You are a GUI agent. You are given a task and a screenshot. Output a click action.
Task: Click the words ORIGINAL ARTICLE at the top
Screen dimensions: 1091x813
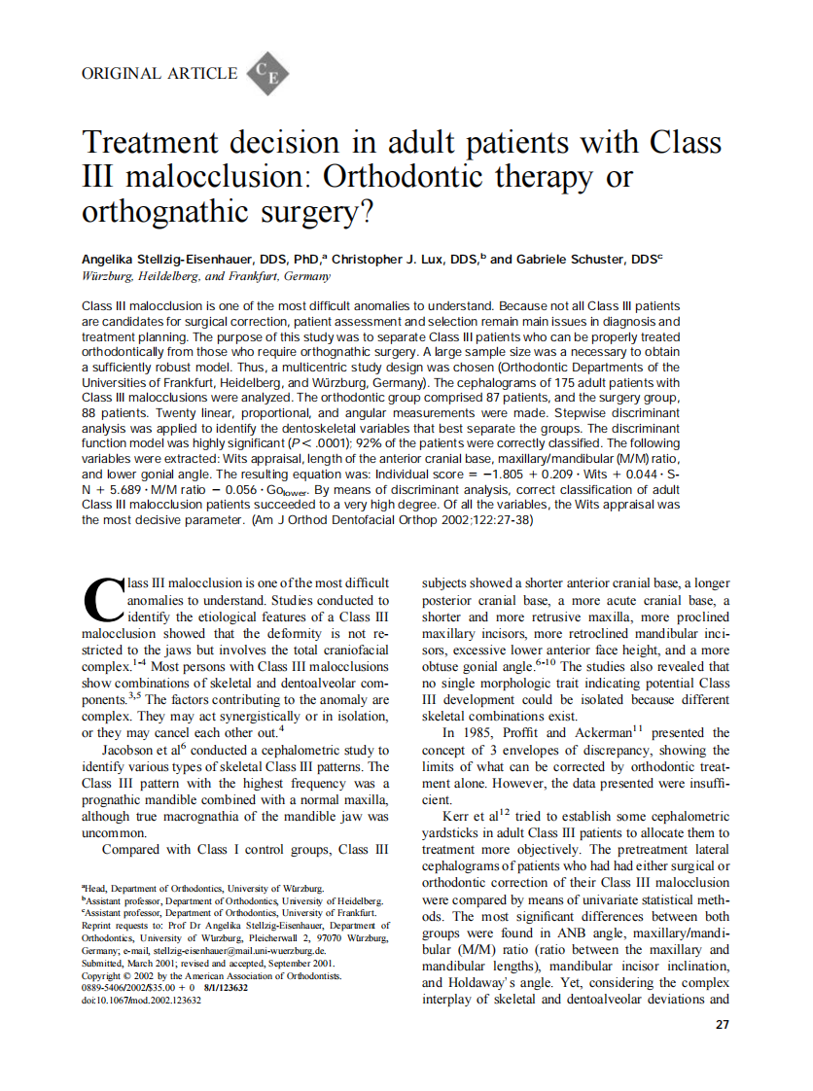[x=159, y=74]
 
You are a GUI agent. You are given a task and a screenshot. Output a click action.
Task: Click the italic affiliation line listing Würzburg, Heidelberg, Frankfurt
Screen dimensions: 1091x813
[x=193, y=276]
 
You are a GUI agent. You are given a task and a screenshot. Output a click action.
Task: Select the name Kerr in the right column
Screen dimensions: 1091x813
[x=460, y=815]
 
